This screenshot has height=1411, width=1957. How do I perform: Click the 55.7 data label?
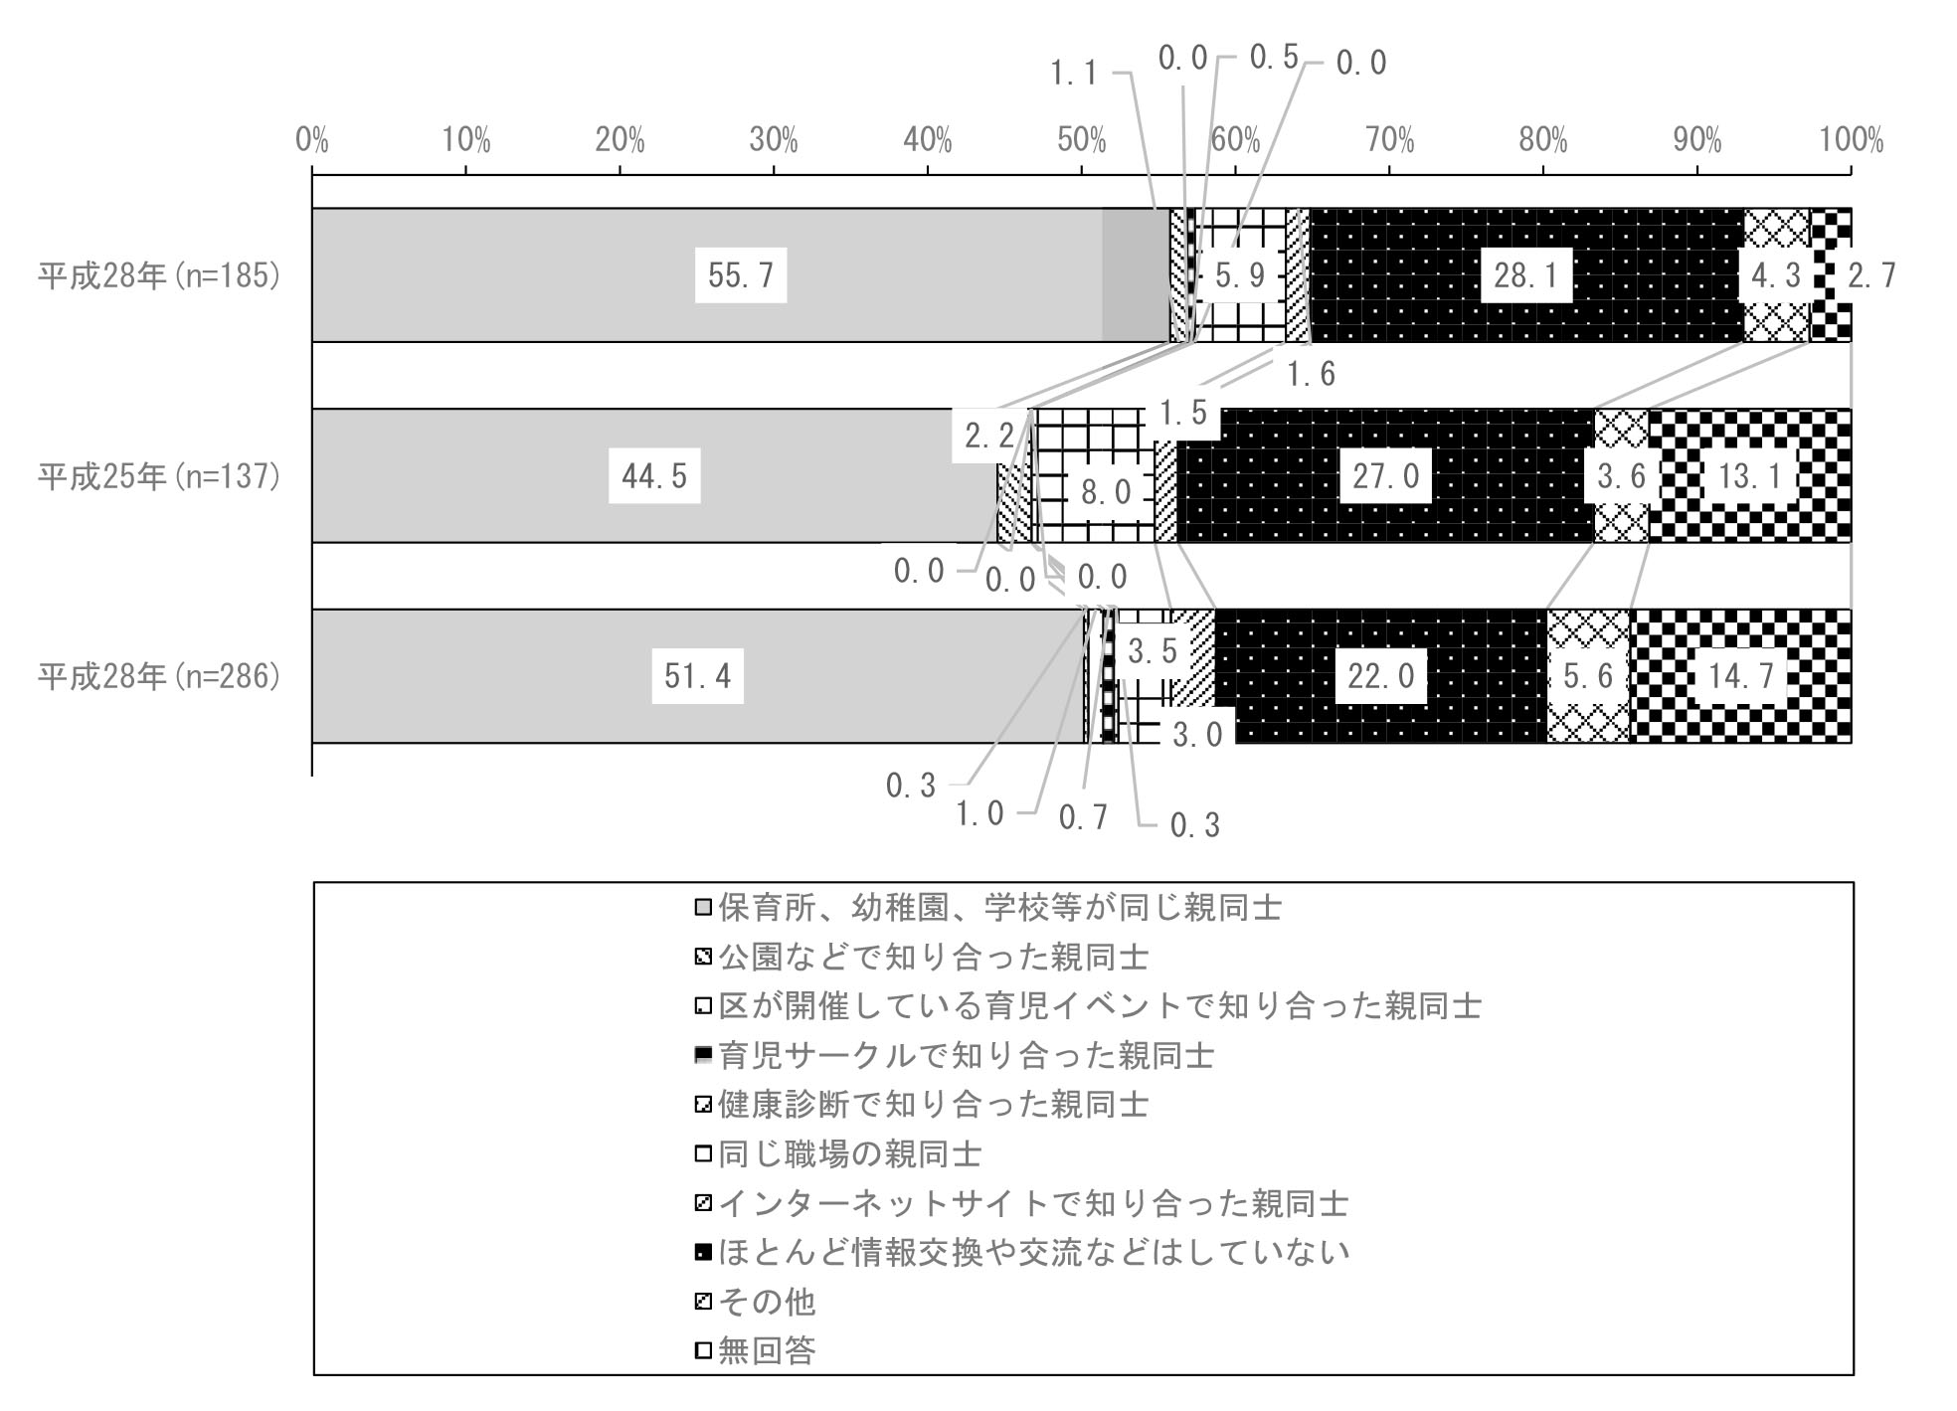coord(741,275)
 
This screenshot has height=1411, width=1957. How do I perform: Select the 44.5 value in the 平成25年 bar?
coord(654,476)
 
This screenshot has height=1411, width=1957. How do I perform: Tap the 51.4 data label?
coord(698,676)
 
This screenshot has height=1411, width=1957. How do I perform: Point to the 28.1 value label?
coord(1526,275)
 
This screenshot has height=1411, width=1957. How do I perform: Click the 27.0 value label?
coord(1386,476)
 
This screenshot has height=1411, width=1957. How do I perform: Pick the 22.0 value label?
coord(1380,676)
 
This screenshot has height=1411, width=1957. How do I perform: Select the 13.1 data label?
coord(1750,476)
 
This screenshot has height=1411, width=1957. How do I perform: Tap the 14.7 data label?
coord(1741,676)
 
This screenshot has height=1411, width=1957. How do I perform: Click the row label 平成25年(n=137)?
coord(159,476)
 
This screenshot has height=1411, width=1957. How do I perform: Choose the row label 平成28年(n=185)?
coord(159,275)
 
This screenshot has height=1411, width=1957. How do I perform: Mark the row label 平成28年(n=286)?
coord(159,676)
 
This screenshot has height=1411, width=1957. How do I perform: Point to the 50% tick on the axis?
coord(1082,141)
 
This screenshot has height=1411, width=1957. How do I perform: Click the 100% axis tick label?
coord(1852,141)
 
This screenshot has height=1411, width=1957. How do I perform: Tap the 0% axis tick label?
coord(312,141)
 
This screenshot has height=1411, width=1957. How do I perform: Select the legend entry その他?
coord(755,1301)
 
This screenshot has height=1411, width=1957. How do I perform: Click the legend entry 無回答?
coord(755,1350)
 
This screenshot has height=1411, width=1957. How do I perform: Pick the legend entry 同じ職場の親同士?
coord(838,1153)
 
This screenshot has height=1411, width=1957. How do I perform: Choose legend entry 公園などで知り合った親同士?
coord(922,957)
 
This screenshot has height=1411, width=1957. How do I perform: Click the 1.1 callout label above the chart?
coord(1074,72)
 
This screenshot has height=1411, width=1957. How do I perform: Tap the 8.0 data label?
coord(1107,492)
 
